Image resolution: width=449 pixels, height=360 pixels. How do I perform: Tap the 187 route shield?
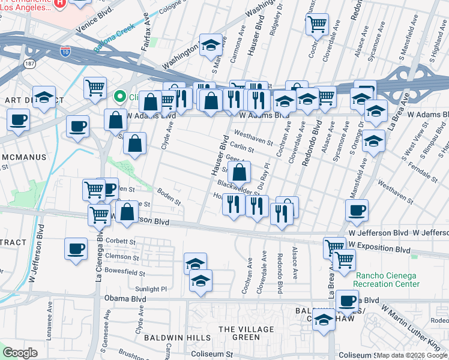(29, 63)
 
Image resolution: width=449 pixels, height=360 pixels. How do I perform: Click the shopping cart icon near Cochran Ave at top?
(317, 25)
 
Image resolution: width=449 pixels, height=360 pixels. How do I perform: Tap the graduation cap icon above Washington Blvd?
(211, 45)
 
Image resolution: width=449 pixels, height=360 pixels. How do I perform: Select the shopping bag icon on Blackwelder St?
(239, 173)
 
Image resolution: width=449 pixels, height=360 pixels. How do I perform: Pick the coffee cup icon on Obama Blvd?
(346, 299)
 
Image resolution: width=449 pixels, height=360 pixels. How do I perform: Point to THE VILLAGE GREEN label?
(239, 333)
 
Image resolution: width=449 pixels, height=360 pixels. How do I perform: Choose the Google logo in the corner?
(20, 353)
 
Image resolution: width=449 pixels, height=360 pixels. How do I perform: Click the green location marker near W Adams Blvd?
(120, 96)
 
